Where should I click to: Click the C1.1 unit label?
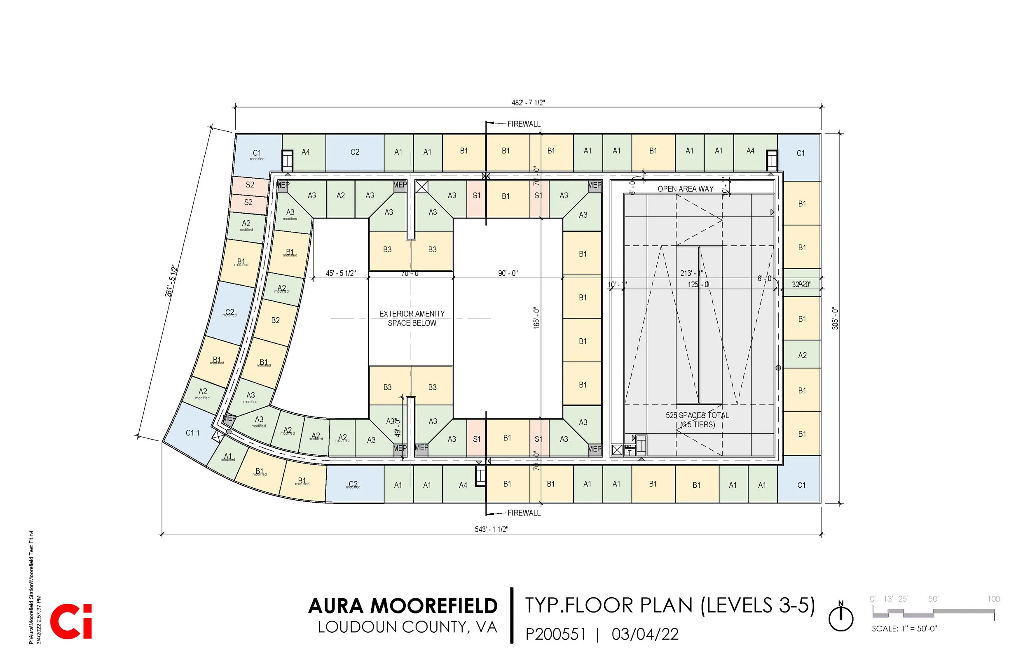click(192, 433)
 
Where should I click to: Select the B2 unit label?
click(275, 321)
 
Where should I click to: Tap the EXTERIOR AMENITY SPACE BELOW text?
click(412, 318)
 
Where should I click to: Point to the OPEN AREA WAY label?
click(685, 189)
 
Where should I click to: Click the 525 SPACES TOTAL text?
click(697, 416)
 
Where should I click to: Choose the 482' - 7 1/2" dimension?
click(528, 103)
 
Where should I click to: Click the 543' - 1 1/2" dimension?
click(491, 530)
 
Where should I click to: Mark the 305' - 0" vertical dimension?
click(835, 318)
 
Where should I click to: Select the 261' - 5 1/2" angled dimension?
click(171, 281)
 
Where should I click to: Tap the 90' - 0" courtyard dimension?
click(508, 274)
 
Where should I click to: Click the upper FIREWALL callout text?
click(524, 124)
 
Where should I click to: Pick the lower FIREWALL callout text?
click(524, 513)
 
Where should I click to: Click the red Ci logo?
click(71, 622)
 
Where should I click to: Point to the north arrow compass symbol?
click(840, 618)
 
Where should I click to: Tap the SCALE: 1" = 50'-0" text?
click(904, 629)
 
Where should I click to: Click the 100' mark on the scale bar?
click(994, 599)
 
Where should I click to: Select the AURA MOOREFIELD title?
click(403, 606)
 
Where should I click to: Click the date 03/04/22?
click(645, 634)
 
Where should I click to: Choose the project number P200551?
click(556, 634)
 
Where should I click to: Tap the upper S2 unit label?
click(250, 185)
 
